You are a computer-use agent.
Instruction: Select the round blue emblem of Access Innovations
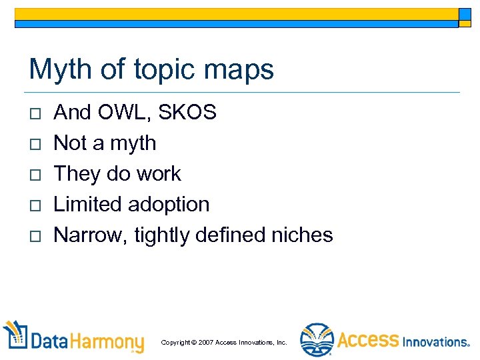316,340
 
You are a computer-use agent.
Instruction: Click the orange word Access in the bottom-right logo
368,340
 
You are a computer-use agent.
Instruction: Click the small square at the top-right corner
465,15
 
